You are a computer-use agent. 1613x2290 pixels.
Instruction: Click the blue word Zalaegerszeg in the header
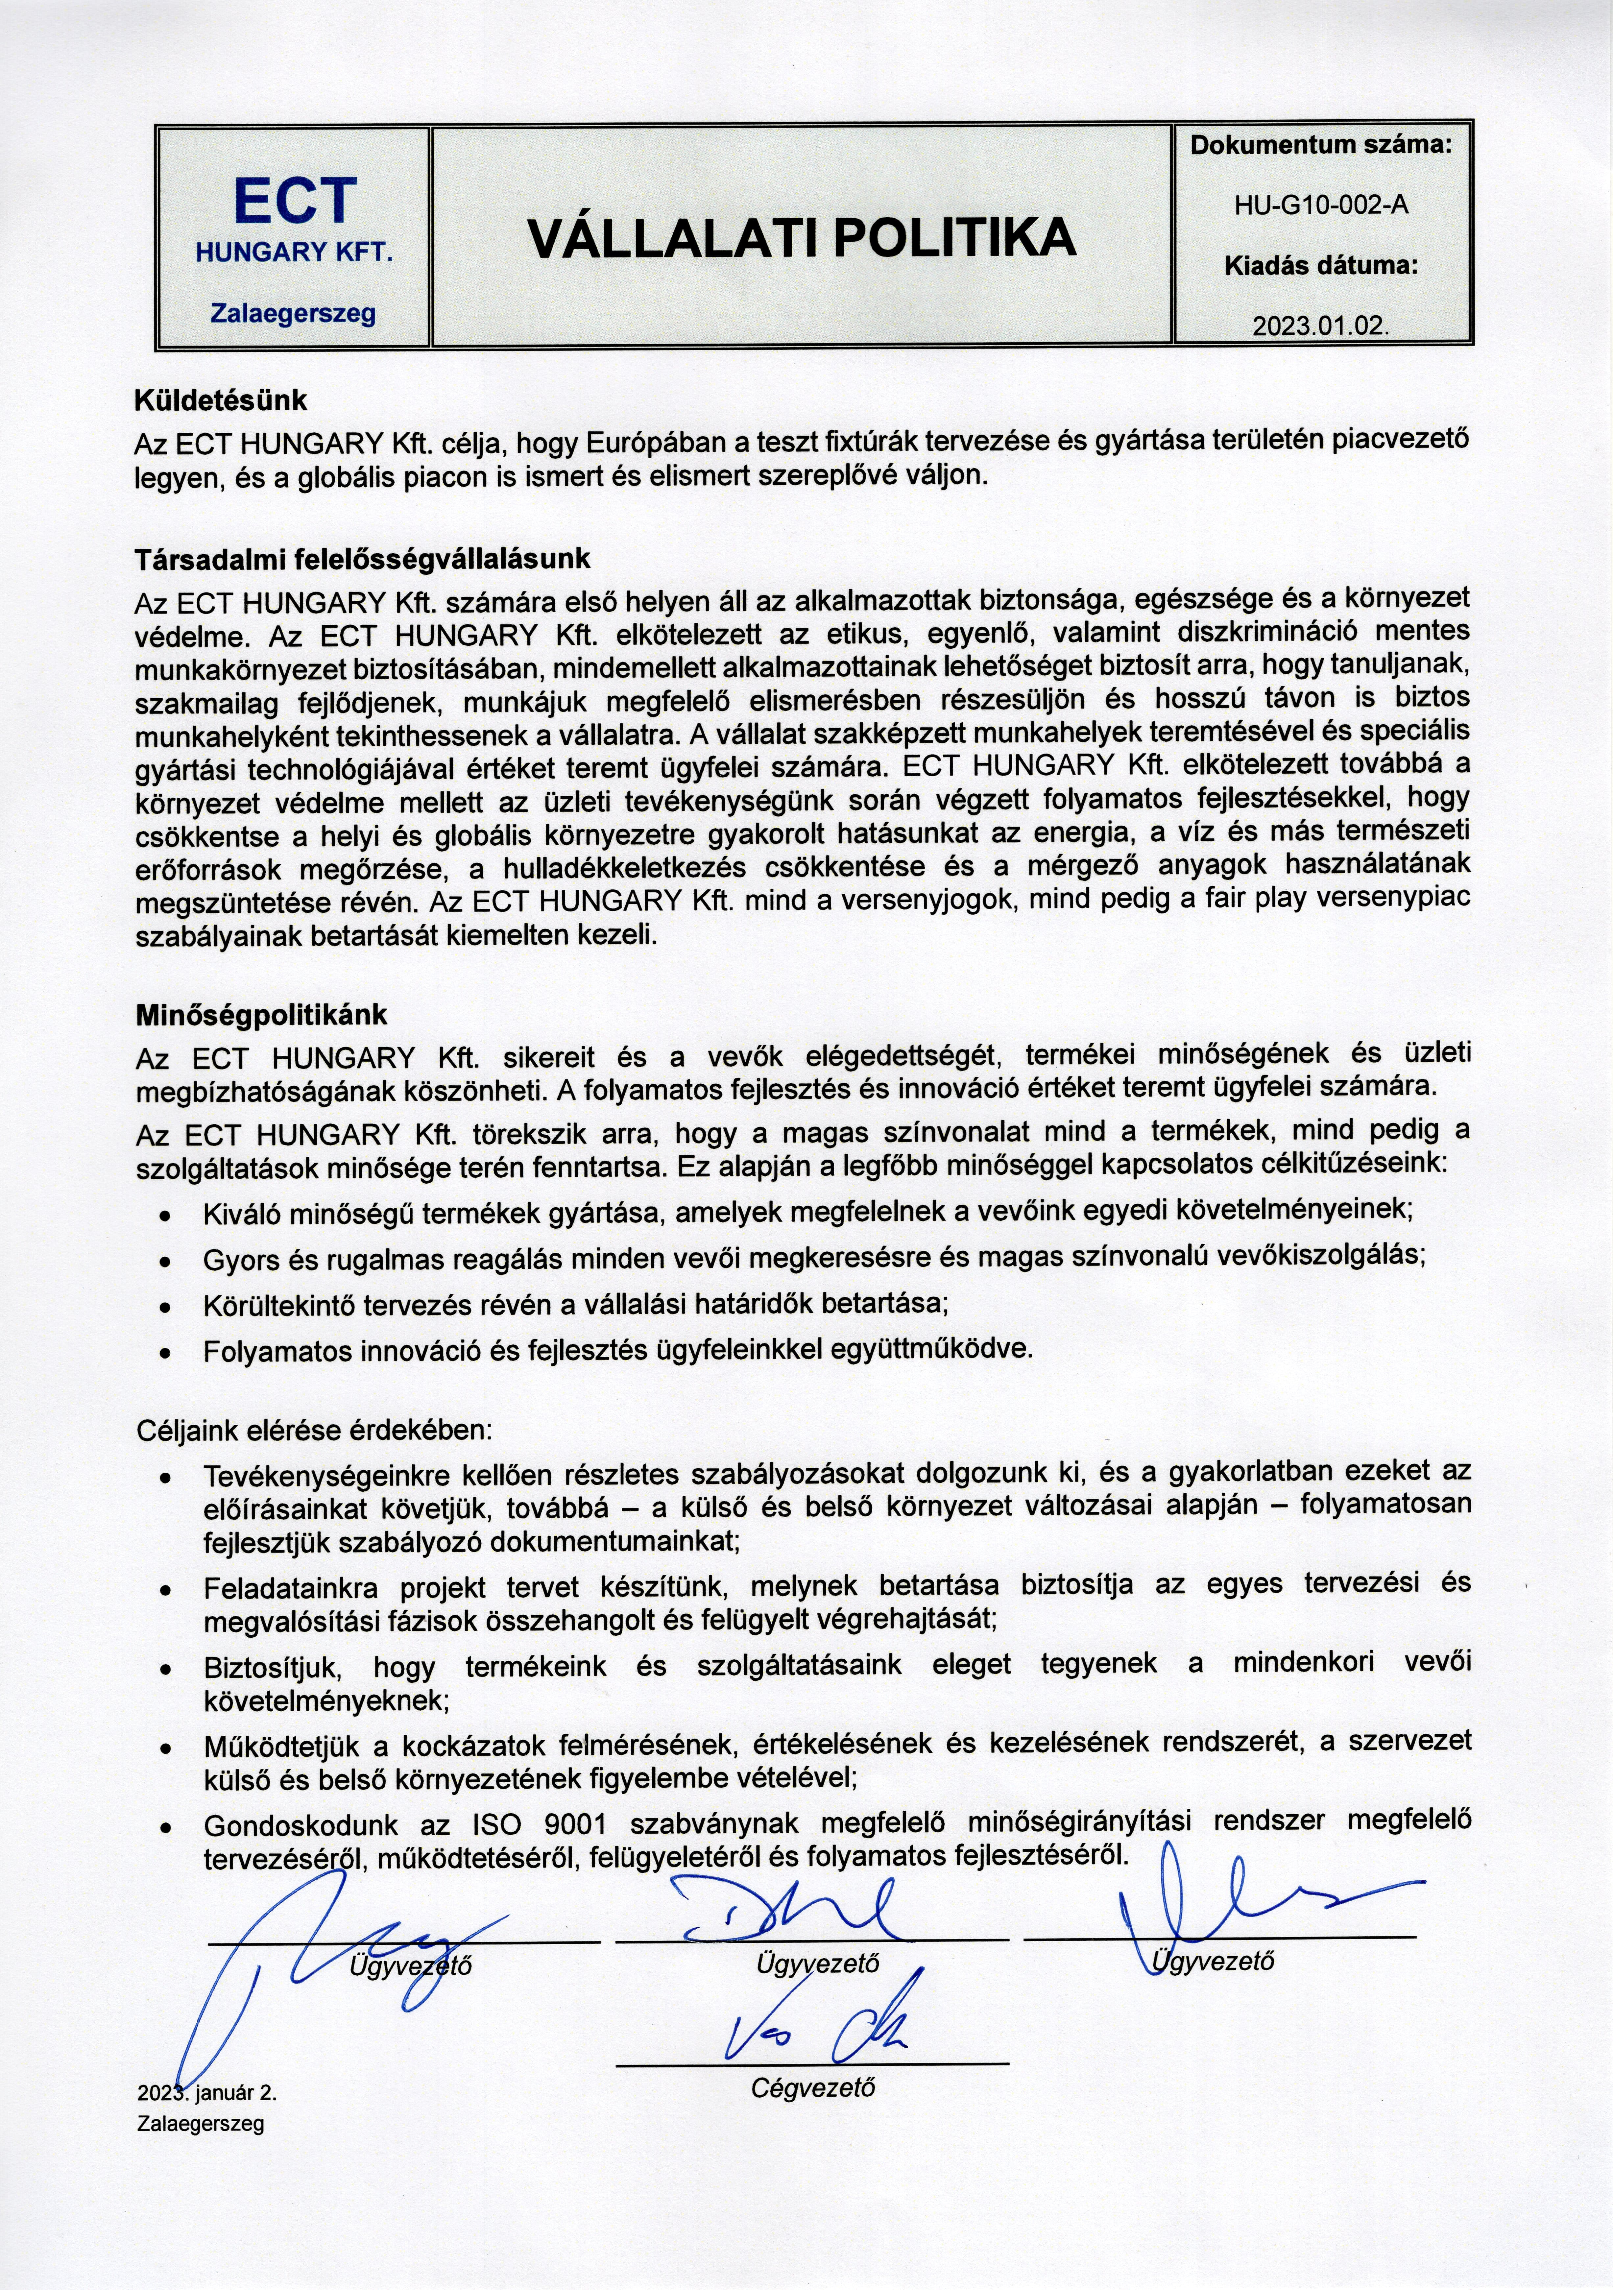coord(293,313)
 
